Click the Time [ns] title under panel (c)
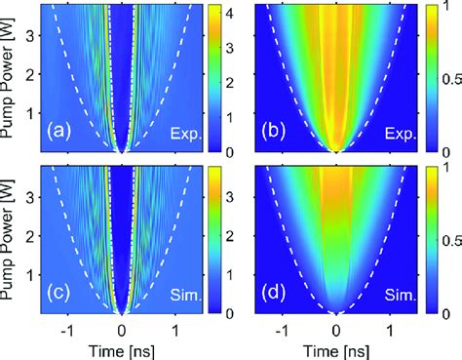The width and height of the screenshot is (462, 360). pos(122,348)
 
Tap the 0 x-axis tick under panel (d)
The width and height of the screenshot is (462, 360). pos(336,330)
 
